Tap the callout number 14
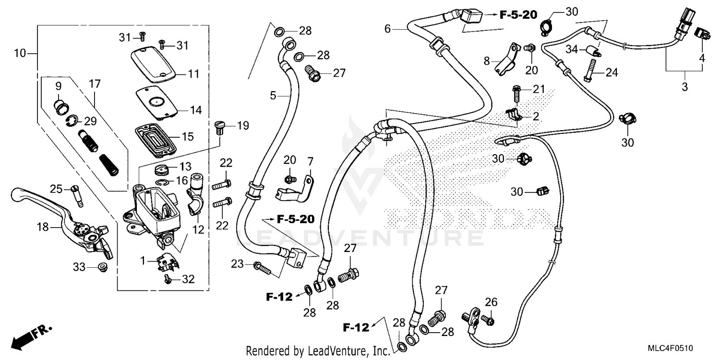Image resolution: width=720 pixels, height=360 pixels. tap(195, 110)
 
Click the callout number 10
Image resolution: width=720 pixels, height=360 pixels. tap(20, 53)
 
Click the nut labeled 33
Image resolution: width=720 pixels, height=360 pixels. tap(102, 266)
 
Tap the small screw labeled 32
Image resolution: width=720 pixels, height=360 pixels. tap(168, 279)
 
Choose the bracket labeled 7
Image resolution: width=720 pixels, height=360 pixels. tap(295, 189)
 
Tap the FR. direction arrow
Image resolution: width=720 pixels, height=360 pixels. tap(31, 336)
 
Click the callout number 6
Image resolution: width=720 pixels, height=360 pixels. tap(387, 29)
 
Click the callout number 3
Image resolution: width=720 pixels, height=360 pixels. tap(684, 87)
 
